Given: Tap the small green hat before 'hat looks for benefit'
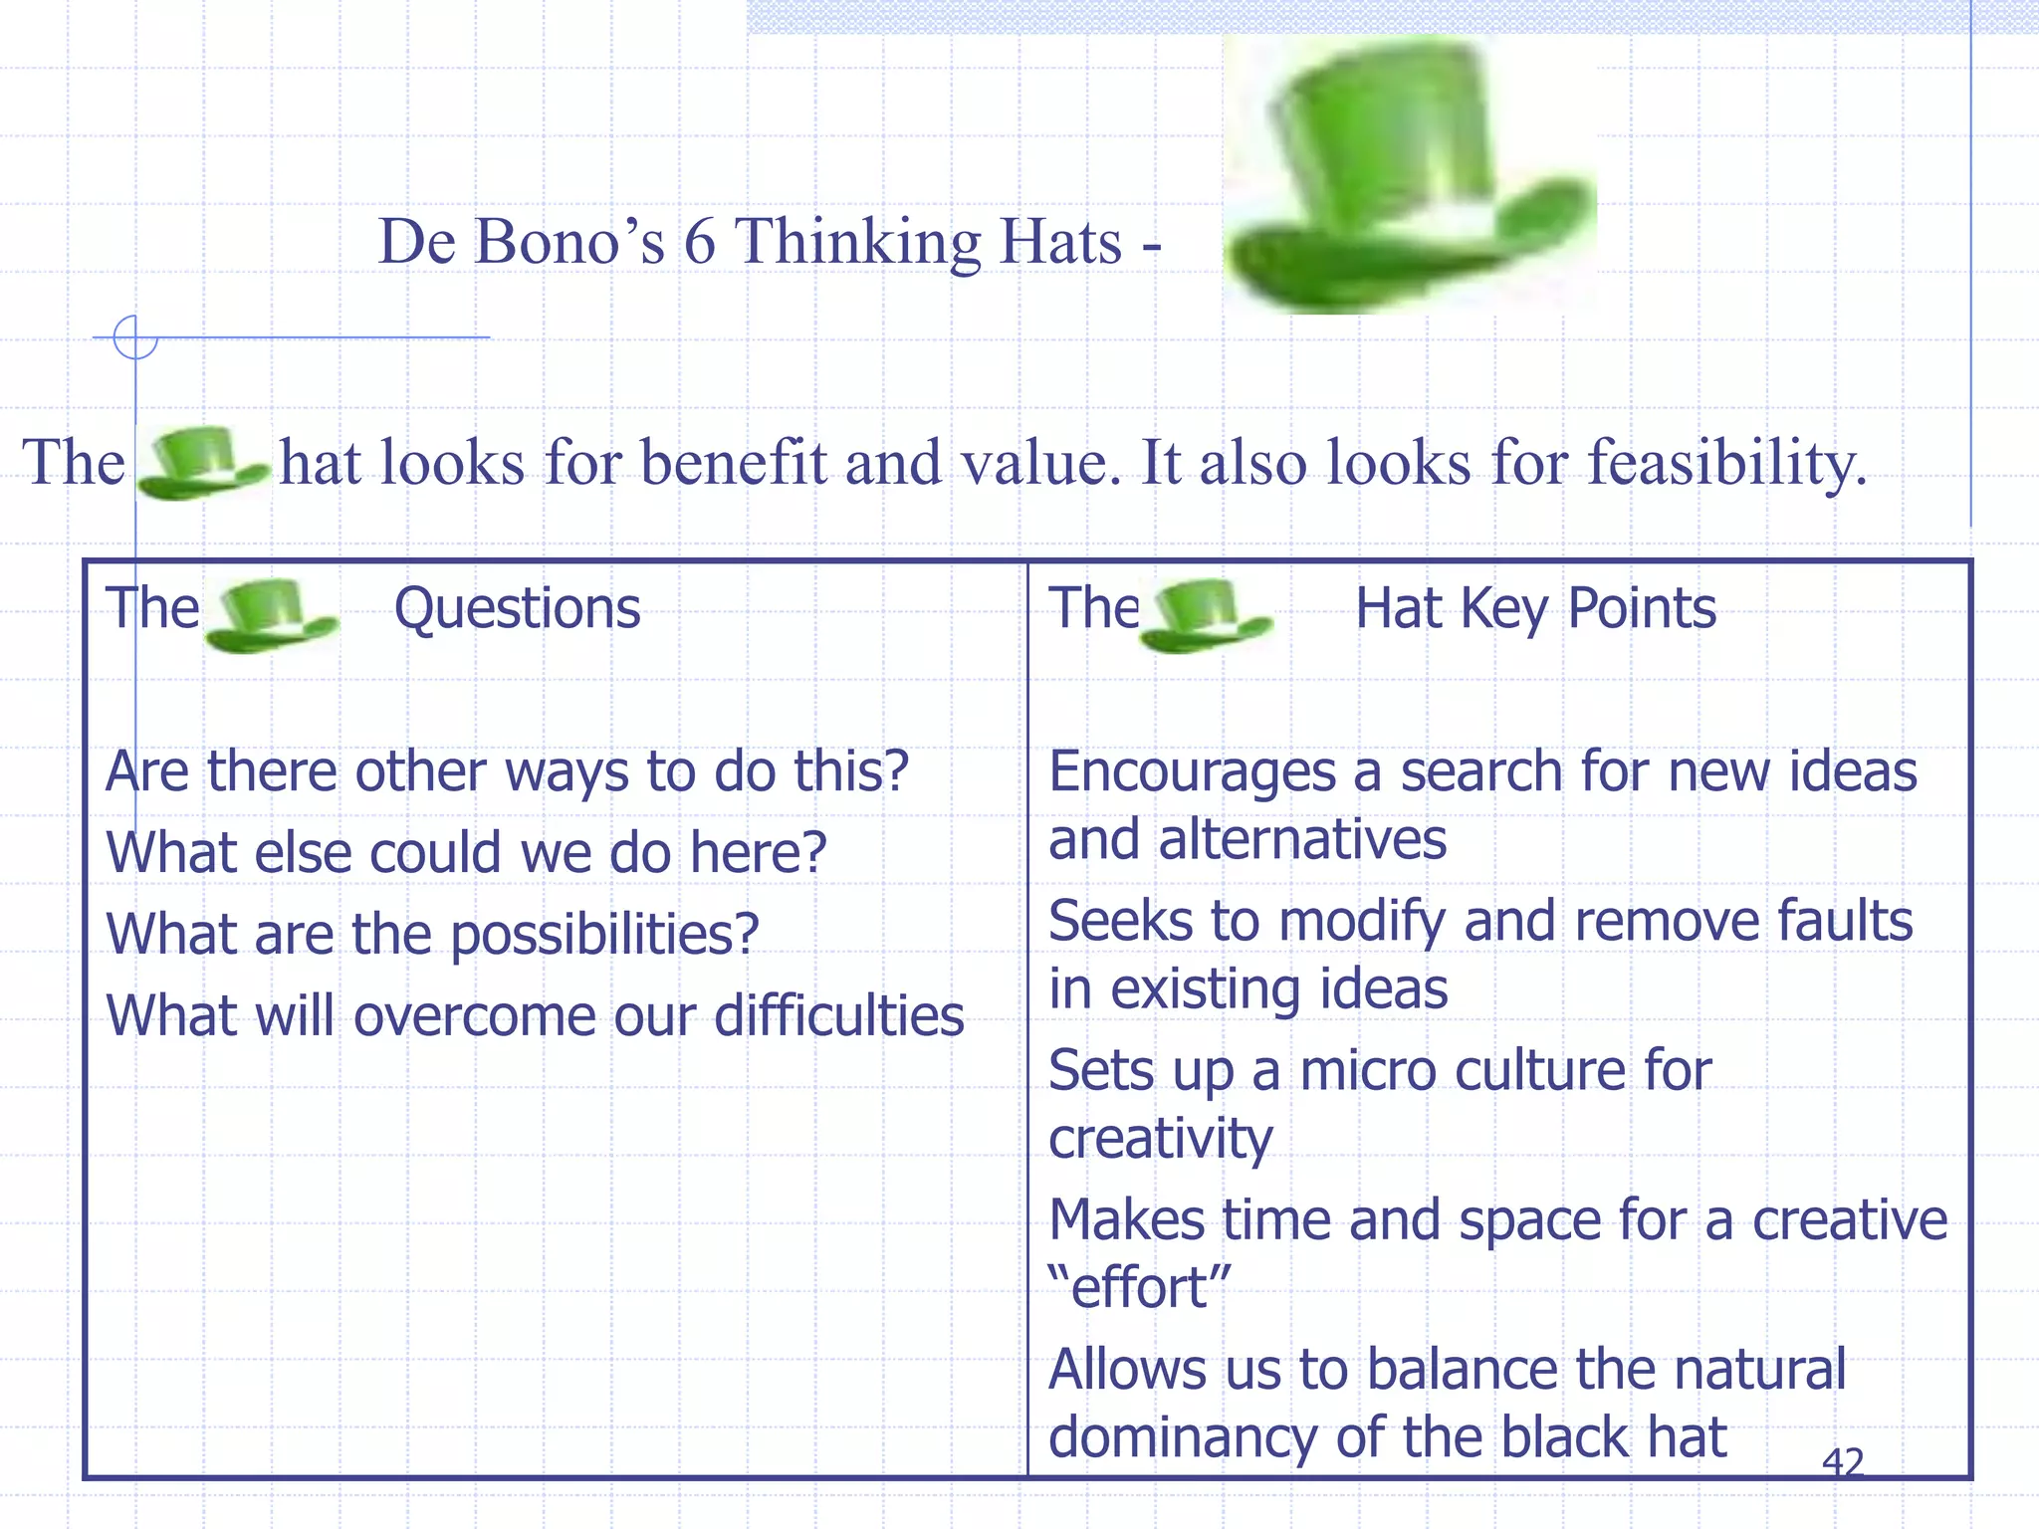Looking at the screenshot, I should tap(202, 463).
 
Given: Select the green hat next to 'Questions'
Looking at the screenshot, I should tap(271, 616).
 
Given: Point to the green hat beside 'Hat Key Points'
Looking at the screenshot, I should tap(1205, 616).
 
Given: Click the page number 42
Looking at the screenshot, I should tap(1842, 1461).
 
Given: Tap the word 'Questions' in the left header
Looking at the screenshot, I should tap(517, 608).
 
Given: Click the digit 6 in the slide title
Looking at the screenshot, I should tap(699, 242).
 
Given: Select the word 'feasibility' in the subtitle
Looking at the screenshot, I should tap(1725, 463).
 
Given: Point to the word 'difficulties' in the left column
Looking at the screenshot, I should tap(838, 1016).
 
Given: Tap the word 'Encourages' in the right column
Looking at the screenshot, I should tap(1192, 772).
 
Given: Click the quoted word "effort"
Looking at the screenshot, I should tap(1141, 1288).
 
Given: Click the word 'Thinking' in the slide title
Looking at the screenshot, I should tap(857, 242).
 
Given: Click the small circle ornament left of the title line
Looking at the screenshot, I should tap(135, 337).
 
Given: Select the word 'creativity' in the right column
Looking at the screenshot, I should tap(1160, 1139).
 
